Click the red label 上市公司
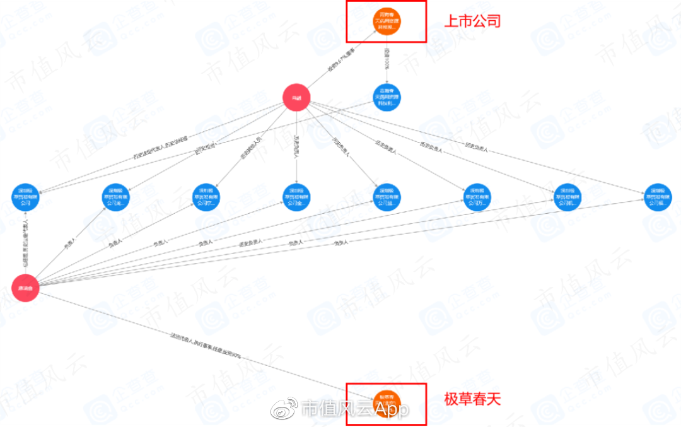[x=472, y=21]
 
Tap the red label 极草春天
[x=472, y=399]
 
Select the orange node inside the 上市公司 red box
[x=387, y=21]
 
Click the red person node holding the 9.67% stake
[x=296, y=98]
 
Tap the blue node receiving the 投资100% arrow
[x=387, y=98]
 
